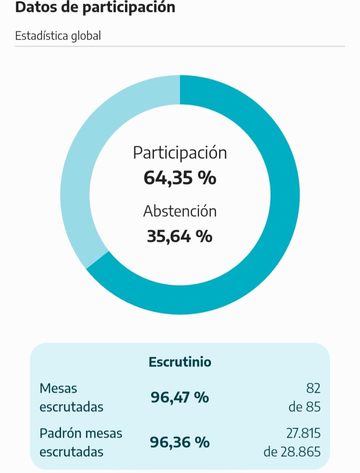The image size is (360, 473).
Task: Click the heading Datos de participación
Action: click(x=95, y=8)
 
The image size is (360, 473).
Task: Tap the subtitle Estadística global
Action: click(x=58, y=36)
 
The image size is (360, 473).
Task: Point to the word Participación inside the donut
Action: click(x=180, y=153)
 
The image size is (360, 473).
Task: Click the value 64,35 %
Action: click(x=180, y=178)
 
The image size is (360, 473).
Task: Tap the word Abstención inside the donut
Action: click(x=180, y=211)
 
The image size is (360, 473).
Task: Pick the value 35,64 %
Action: click(x=180, y=236)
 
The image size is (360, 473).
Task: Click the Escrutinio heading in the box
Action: click(x=180, y=362)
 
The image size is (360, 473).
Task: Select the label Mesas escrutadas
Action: click(x=71, y=397)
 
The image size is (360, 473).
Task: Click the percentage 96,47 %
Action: click(x=180, y=397)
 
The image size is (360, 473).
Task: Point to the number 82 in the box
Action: click(x=313, y=388)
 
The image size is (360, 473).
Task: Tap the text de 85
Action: click(x=304, y=407)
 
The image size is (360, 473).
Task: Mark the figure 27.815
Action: click(x=303, y=433)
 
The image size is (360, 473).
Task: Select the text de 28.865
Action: click(x=292, y=452)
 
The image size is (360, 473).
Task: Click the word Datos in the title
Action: click(x=33, y=8)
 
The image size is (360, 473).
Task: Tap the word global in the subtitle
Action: click(x=86, y=36)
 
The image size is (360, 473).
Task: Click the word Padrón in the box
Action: click(x=60, y=433)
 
